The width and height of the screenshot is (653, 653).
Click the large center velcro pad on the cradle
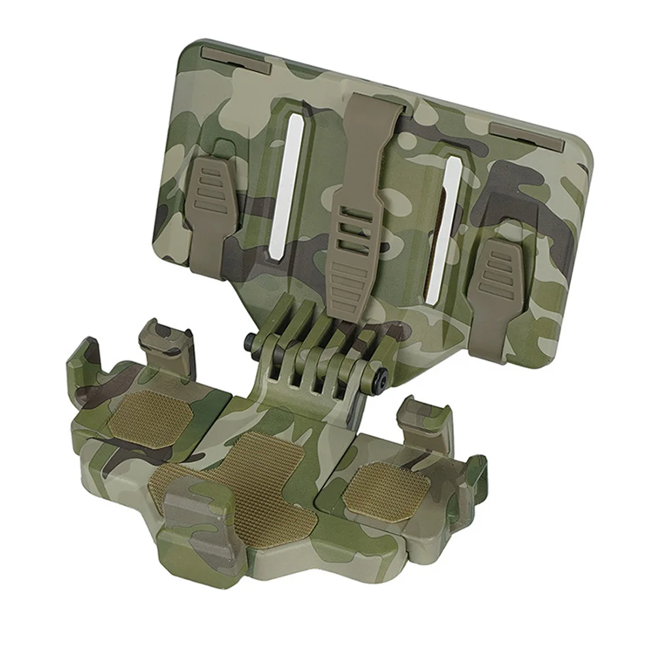[x=255, y=483]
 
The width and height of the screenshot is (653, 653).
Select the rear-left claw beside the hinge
[x=157, y=336]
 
